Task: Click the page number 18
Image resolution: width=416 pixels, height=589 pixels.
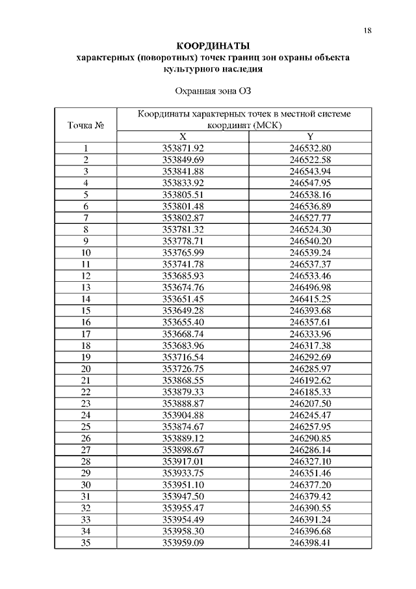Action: (368, 31)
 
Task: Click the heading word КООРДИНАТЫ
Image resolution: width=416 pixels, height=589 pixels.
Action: (213, 46)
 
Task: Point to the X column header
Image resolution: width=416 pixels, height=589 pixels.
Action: (183, 137)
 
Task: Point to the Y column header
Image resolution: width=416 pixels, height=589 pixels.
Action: (310, 137)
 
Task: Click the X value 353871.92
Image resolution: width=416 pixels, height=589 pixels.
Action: (183, 148)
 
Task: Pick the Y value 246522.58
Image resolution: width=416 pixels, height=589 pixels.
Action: (310, 159)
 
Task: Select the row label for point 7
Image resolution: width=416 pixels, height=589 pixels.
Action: (86, 217)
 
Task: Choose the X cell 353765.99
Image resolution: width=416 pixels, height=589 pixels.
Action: (183, 252)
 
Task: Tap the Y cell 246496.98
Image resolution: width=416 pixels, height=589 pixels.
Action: (310, 287)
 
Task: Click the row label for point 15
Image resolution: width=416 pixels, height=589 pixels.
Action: (86, 310)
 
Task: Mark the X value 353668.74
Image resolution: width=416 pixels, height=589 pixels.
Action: (183, 333)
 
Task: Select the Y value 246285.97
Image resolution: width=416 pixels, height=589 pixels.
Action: (310, 368)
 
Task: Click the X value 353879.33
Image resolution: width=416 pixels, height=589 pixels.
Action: (183, 392)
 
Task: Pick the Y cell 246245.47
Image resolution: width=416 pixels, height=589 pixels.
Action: (310, 415)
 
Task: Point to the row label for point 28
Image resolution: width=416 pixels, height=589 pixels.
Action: (86, 461)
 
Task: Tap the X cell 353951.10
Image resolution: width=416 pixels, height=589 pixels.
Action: (183, 485)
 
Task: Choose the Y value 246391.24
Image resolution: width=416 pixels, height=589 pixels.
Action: (310, 519)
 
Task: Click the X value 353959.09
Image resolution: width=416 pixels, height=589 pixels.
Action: (183, 543)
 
